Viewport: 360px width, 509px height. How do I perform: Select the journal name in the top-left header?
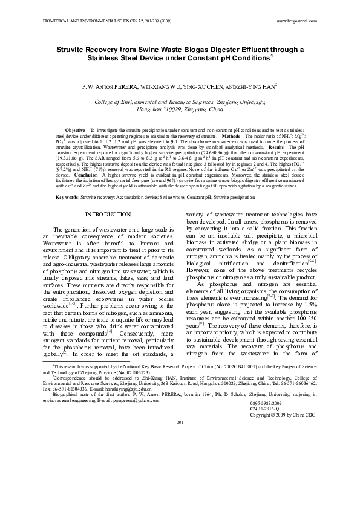(90, 19)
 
